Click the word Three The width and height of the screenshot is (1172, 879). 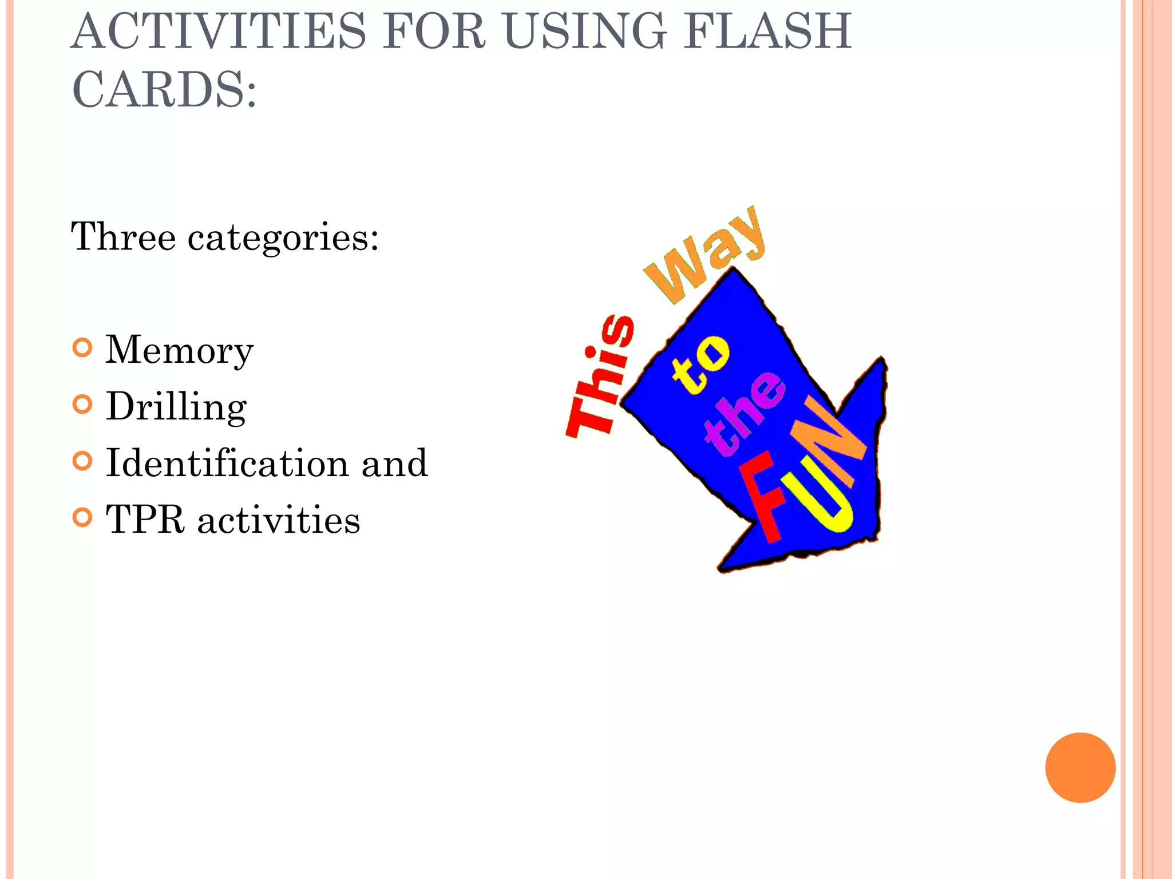click(x=123, y=236)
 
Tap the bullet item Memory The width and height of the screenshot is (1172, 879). click(x=179, y=351)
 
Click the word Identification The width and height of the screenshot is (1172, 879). click(x=227, y=463)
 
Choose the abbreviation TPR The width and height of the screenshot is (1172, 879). click(x=145, y=520)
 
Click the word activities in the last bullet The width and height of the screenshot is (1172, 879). click(x=279, y=520)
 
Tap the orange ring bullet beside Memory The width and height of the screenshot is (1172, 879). click(x=83, y=348)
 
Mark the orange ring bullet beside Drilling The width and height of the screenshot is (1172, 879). click(x=83, y=405)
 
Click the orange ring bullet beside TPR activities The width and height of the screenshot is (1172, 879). click(x=83, y=518)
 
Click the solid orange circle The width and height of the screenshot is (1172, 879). click(x=1080, y=767)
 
